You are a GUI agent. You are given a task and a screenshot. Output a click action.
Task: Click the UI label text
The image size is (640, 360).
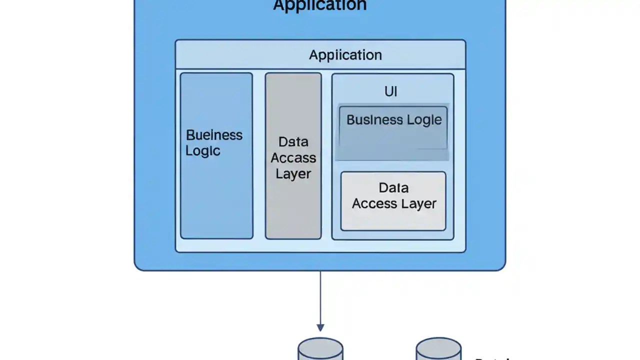click(390, 91)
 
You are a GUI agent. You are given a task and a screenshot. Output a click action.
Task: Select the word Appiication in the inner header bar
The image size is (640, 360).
click(345, 55)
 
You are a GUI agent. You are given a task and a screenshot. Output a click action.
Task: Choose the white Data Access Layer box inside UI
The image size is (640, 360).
click(393, 220)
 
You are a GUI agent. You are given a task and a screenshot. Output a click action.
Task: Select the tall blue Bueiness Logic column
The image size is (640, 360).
click(216, 195)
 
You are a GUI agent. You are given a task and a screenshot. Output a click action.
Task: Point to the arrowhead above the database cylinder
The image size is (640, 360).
click(320, 327)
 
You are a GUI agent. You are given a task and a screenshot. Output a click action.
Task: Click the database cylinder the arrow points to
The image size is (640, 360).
click(320, 350)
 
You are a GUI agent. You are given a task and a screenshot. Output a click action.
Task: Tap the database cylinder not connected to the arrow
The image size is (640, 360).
click(438, 350)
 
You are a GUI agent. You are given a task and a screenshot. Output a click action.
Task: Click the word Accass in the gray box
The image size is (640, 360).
click(293, 158)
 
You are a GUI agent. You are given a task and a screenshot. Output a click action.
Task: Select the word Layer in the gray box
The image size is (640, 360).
click(293, 174)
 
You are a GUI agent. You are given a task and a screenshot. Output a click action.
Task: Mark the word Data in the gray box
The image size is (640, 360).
click(293, 142)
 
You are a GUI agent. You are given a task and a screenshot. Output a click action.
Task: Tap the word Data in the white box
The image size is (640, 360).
click(393, 188)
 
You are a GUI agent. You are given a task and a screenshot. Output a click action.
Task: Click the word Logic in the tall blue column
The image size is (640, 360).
click(202, 151)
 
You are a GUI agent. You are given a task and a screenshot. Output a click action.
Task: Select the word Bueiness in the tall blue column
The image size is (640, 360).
click(214, 135)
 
